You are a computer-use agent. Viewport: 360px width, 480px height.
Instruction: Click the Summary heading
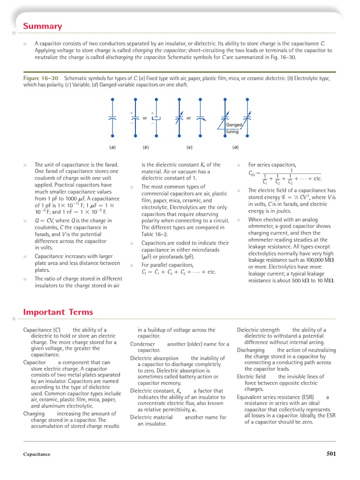point(43,26)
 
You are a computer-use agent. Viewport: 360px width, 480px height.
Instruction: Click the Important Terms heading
point(58,312)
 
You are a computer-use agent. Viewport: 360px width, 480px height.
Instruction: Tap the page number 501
point(331,453)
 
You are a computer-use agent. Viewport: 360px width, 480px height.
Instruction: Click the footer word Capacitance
point(37,454)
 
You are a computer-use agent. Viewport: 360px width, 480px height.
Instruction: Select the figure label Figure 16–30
point(41,79)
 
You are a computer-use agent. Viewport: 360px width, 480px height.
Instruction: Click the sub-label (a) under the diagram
point(112,147)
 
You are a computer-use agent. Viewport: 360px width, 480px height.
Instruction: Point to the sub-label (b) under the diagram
point(146,147)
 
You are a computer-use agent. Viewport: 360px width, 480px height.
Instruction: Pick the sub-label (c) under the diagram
point(189,147)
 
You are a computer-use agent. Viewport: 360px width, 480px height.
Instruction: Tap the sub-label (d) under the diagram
point(235,147)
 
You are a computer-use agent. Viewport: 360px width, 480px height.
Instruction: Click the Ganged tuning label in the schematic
point(233,128)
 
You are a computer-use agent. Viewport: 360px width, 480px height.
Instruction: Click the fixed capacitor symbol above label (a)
point(112,117)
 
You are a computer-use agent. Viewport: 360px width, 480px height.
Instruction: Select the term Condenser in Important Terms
point(142,344)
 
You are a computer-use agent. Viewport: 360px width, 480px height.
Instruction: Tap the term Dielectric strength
point(258,330)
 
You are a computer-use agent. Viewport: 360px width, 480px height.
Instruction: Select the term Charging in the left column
point(34,414)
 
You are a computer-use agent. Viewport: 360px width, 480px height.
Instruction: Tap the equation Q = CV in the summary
point(45,221)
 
